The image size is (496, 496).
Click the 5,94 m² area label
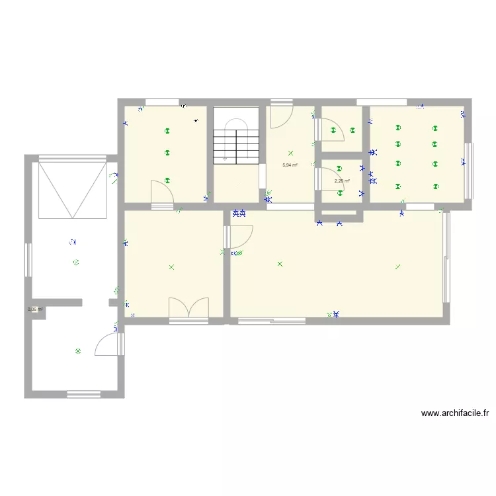point(289,165)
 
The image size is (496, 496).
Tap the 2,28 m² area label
point(341,181)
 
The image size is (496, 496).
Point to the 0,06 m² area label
point(35,309)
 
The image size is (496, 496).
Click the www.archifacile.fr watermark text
point(454,413)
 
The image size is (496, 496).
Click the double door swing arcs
point(188,308)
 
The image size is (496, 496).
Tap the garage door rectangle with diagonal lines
point(72,189)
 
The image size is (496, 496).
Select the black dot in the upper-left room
point(196,121)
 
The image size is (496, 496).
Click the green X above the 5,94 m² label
point(290,153)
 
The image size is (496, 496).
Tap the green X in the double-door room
point(171,267)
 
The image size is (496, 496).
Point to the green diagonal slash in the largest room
point(397,267)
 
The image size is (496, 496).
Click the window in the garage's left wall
point(28,260)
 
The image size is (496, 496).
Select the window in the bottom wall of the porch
point(83,395)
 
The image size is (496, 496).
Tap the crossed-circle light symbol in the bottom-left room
point(78,351)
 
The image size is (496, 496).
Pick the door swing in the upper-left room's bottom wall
point(162,193)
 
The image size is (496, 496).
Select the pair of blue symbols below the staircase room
point(239,214)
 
